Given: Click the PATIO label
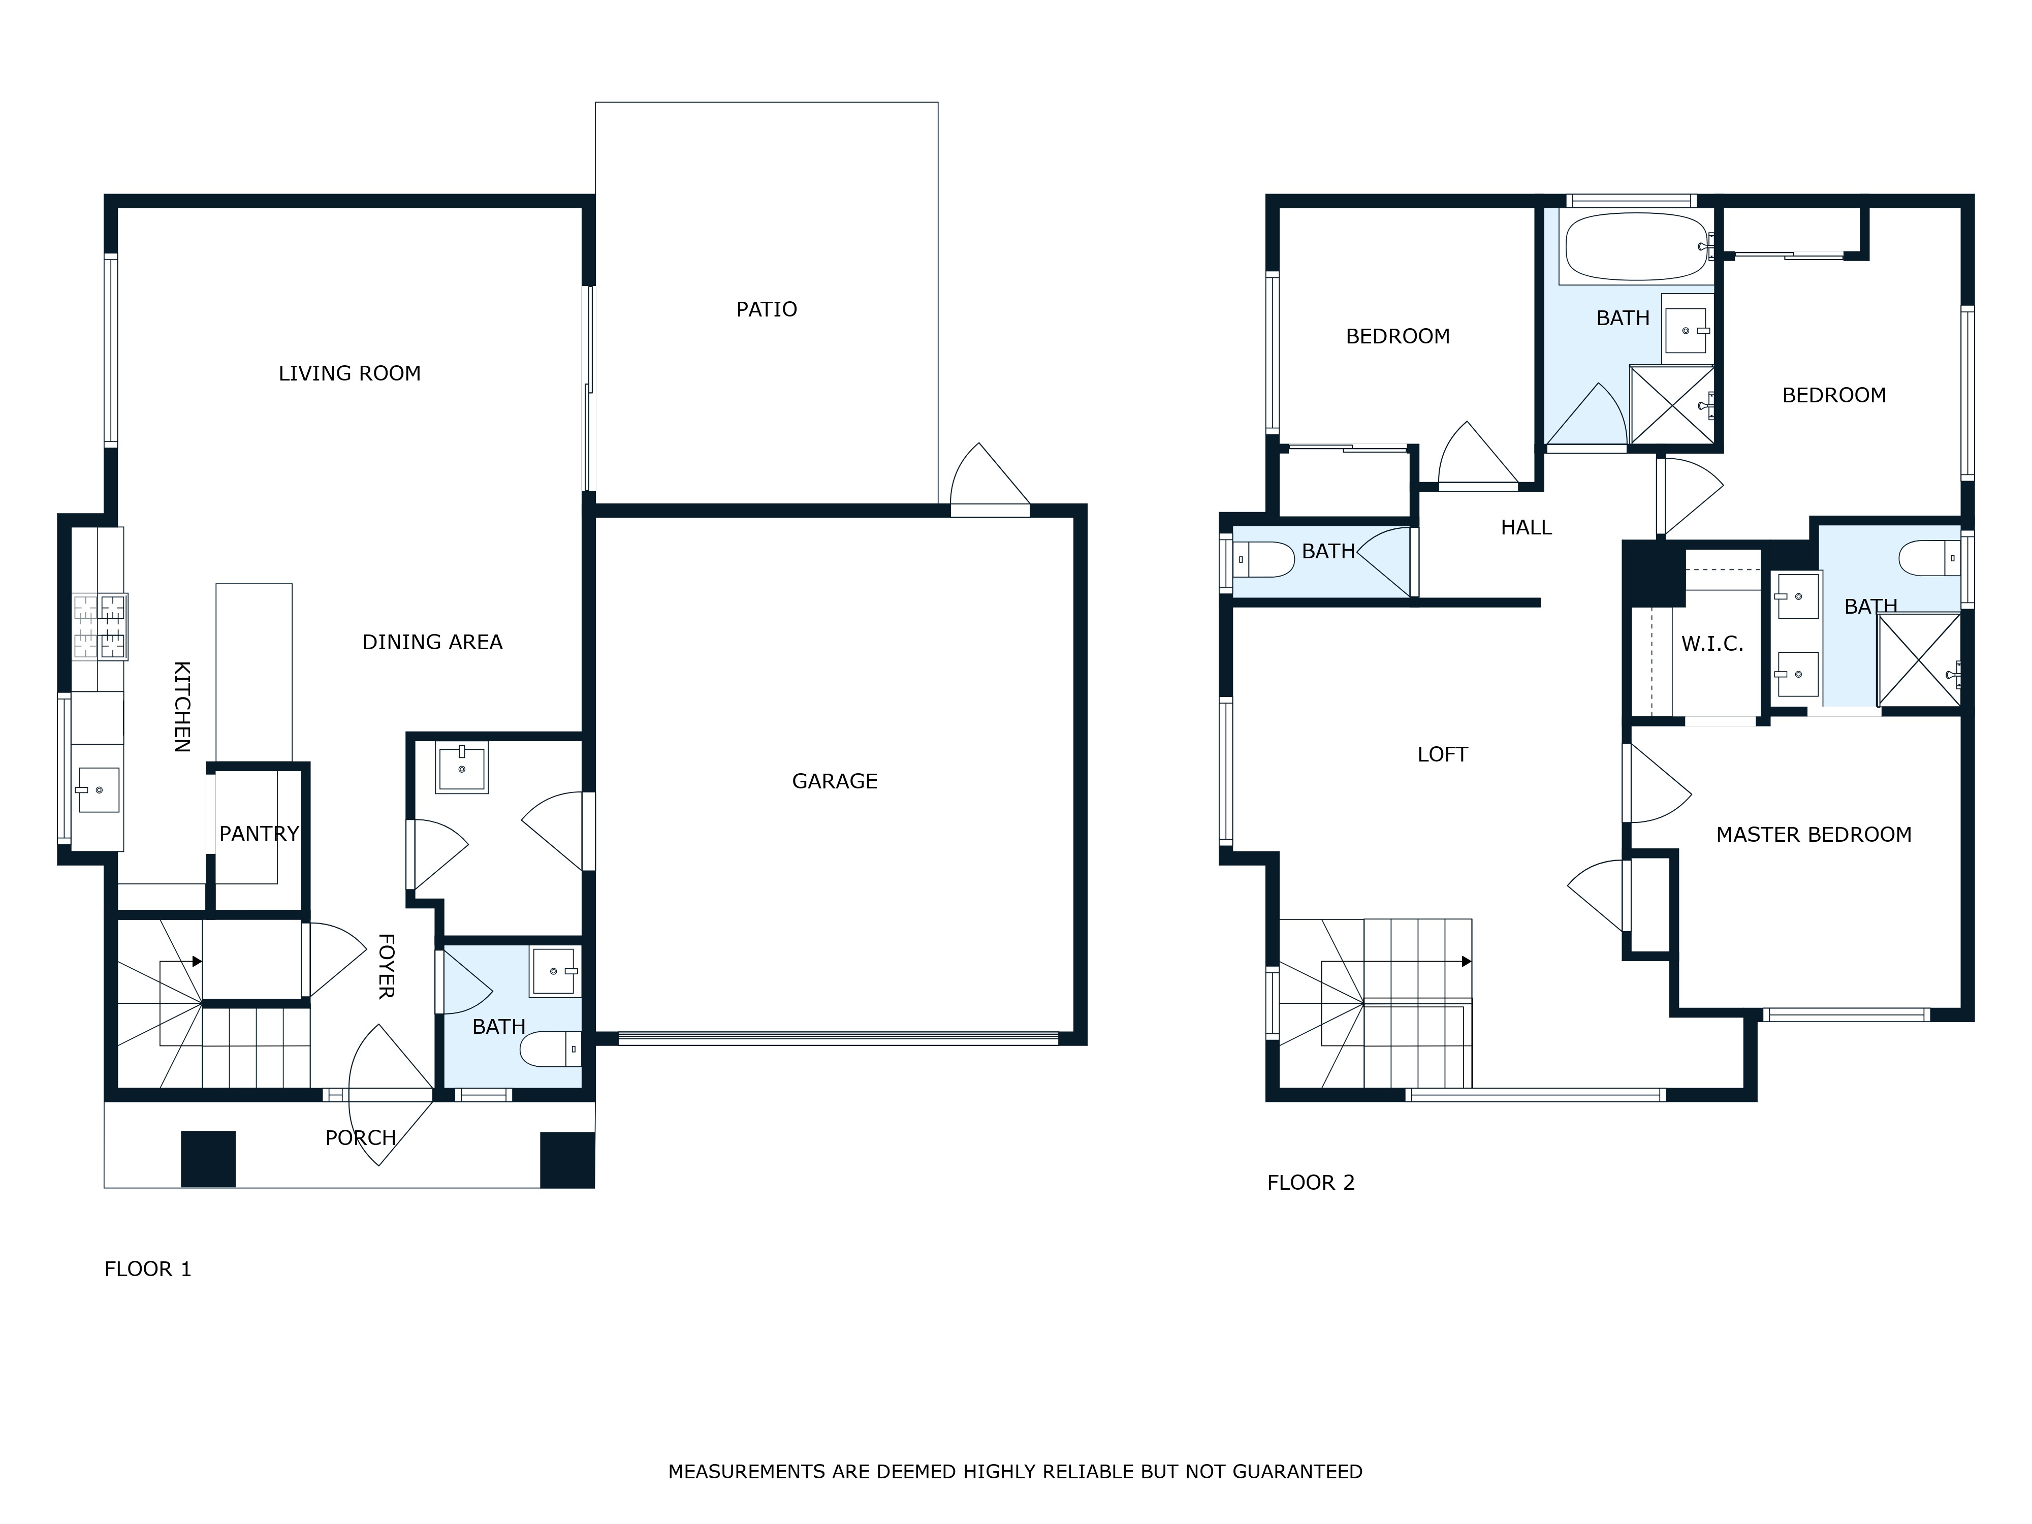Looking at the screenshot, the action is (766, 309).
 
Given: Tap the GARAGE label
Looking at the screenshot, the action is (834, 781).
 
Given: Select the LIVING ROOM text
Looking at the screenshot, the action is (349, 373).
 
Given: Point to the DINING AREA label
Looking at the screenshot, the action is (432, 642).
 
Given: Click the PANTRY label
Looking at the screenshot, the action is (259, 833).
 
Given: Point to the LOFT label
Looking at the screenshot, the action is (1442, 754).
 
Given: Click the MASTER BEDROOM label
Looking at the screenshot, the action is (1814, 834).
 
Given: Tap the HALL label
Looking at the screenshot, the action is (1526, 527).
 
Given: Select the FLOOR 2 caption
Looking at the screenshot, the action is (1311, 1182).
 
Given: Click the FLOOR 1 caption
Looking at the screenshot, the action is (148, 1268).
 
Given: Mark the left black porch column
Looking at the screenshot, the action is (208, 1159).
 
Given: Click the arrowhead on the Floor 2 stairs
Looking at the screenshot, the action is (1466, 962).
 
